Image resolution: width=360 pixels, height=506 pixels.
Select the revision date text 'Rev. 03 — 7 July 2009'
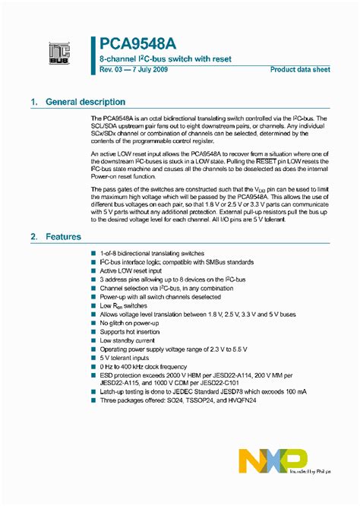[137, 70]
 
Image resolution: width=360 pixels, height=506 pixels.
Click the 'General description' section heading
[86, 102]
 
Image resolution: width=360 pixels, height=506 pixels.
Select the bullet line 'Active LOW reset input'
[131, 270]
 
